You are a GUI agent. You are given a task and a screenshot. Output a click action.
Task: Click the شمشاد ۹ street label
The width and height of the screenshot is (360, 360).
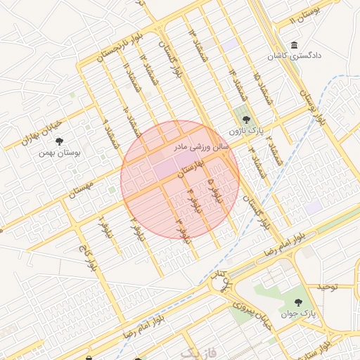pyautogui.click(x=110, y=133)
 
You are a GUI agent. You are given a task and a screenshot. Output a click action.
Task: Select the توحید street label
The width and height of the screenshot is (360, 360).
pyautogui.click(x=327, y=287)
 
